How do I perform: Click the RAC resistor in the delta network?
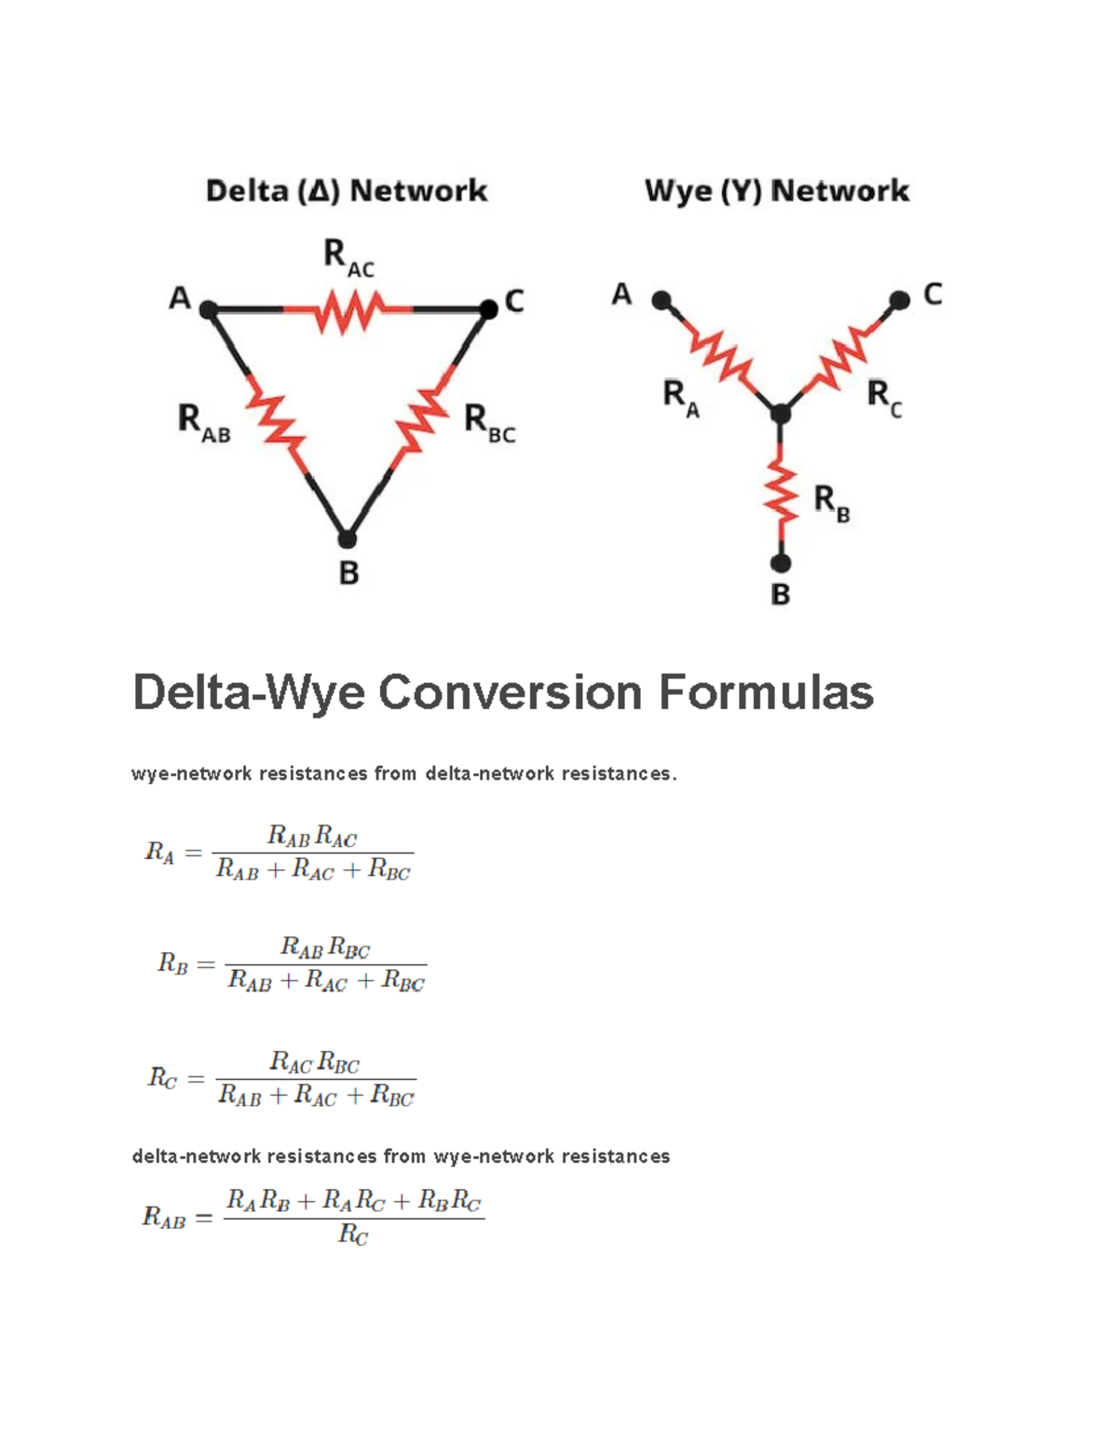[348, 310]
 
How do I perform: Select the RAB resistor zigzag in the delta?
[276, 424]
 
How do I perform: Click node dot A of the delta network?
[209, 308]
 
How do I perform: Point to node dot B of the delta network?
[347, 539]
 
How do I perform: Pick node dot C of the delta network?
[488, 308]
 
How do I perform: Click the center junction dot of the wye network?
[781, 413]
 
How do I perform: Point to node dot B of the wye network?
[781, 563]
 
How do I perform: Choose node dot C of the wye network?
[899, 300]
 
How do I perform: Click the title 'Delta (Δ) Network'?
[347, 191]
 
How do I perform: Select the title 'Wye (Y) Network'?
[777, 191]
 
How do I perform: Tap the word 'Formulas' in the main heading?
[766, 692]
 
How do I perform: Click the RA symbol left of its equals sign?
[159, 853]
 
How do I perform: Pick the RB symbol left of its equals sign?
[173, 962]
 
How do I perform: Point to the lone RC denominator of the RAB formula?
[353, 1235]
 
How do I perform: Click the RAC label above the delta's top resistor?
[348, 257]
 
